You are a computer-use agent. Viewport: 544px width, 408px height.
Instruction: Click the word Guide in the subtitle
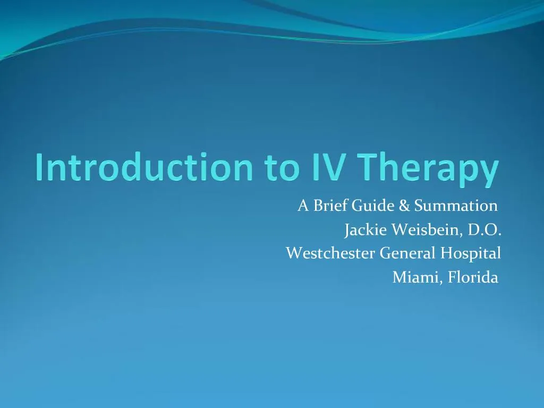[x=373, y=206]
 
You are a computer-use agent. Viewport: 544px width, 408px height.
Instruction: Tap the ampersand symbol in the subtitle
[x=405, y=206]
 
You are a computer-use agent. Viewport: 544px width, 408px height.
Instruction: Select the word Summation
[x=455, y=206]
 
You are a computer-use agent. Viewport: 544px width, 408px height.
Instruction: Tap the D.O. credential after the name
[x=484, y=230]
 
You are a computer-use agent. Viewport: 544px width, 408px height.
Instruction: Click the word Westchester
[x=331, y=253]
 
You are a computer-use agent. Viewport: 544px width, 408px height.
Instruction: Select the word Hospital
[x=471, y=254]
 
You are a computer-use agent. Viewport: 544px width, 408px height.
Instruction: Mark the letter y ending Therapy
[x=490, y=171]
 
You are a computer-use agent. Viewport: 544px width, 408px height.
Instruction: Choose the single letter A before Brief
[x=303, y=206]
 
